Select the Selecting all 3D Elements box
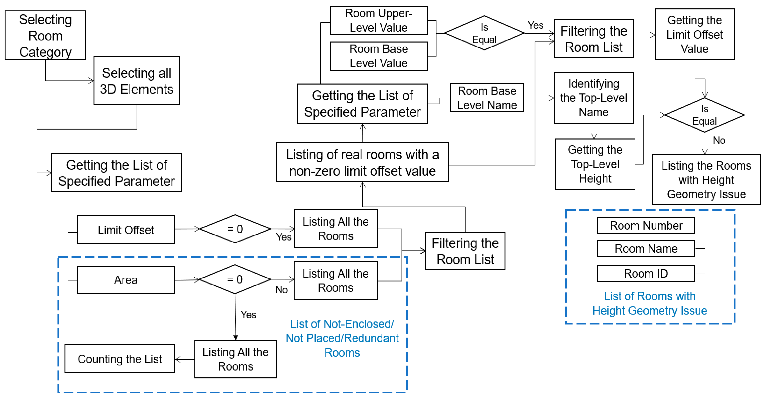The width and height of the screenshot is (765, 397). [x=137, y=81]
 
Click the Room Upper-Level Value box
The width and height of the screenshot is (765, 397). [x=379, y=20]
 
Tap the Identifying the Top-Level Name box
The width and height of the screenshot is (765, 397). [x=594, y=98]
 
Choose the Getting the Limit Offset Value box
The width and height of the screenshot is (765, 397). [x=695, y=34]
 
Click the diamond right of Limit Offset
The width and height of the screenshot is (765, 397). [x=235, y=229]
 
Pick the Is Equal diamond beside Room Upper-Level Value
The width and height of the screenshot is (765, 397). [x=484, y=33]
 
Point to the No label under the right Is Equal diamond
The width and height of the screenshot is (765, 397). [x=719, y=140]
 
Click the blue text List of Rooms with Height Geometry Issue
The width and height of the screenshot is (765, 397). [x=650, y=303]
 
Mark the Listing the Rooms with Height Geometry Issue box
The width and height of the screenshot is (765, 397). [x=706, y=179]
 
